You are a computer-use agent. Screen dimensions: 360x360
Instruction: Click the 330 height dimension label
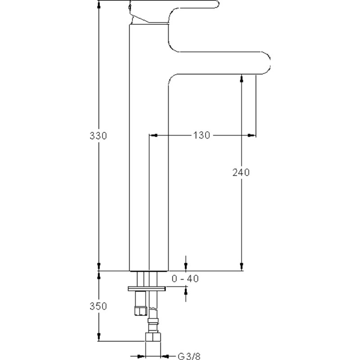coord(98,136)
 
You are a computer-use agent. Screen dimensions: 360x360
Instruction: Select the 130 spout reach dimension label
coord(201,135)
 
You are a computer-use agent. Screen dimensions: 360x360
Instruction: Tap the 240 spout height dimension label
coord(241,172)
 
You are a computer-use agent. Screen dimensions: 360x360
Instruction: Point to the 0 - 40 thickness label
coord(185,279)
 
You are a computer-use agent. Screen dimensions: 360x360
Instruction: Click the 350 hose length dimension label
coord(98,306)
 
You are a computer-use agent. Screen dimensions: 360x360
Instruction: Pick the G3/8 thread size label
coord(189,356)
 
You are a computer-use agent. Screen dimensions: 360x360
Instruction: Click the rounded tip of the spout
coord(268,63)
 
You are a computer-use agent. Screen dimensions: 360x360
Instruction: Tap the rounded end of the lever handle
coord(217,4)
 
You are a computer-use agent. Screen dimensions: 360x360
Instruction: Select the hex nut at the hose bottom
coord(153,337)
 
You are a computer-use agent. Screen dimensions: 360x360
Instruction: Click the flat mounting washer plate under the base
coord(147,288)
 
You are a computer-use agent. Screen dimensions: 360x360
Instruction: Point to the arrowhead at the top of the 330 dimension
coord(99,5)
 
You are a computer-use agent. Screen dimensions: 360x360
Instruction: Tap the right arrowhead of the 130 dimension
coord(252,135)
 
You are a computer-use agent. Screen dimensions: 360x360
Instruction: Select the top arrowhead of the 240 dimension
coord(241,78)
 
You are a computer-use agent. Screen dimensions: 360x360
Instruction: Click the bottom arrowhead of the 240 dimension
coord(241,267)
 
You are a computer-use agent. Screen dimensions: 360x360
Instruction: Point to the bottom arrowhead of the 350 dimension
coord(99,337)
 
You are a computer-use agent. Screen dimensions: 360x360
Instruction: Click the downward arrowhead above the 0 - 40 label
coord(186,267)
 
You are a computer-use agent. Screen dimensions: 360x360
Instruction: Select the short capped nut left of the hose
coord(140,311)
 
